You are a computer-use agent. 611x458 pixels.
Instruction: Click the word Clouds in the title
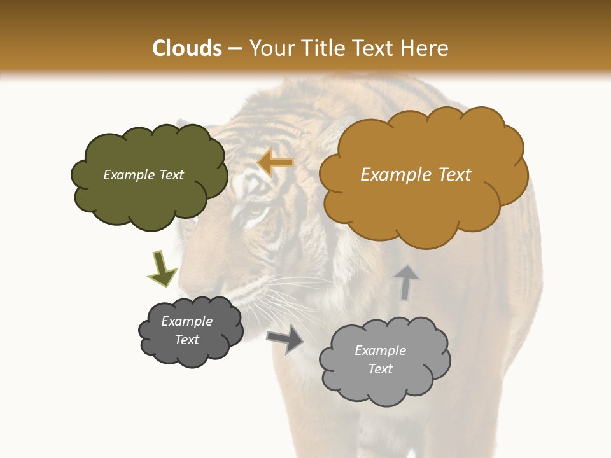[187, 48]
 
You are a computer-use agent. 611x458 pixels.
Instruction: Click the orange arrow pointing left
[276, 163]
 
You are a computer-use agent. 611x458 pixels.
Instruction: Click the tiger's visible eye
[256, 208]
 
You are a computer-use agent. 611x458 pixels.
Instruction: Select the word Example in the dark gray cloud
[187, 321]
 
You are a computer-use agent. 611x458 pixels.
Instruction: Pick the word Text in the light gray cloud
[380, 369]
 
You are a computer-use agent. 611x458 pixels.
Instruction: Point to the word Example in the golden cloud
[397, 175]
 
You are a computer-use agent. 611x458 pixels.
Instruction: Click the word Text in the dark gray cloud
[187, 340]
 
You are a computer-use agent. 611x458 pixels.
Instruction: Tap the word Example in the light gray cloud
[380, 350]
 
